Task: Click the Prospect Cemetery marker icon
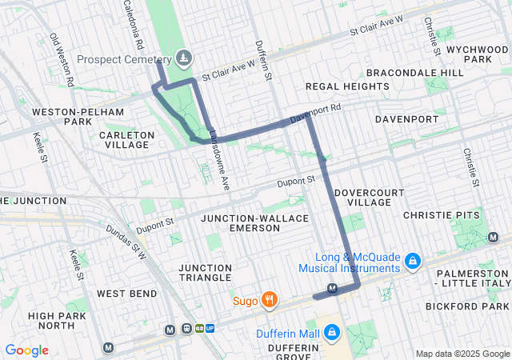click(185, 57)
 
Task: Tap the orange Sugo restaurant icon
click(270, 301)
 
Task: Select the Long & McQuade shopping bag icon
click(412, 261)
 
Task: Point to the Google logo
click(26, 350)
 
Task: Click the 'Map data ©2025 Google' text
click(462, 354)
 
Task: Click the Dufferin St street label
click(265, 62)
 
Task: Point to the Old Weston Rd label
click(62, 59)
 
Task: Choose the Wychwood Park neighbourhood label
click(478, 54)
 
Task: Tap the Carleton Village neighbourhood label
click(126, 140)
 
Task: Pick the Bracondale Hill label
click(424, 73)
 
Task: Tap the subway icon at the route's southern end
click(333, 289)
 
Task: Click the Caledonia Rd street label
click(132, 22)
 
